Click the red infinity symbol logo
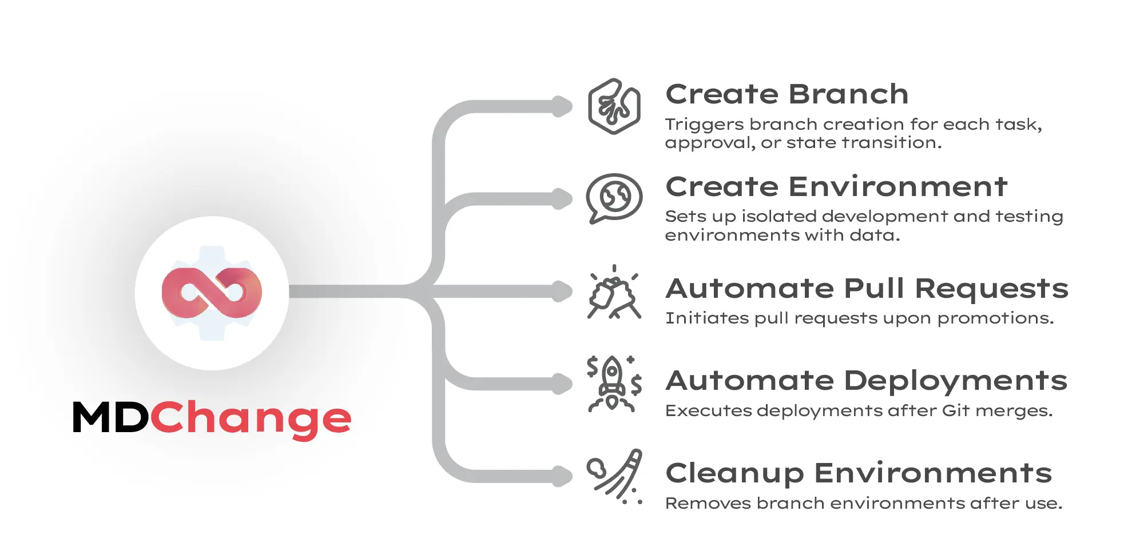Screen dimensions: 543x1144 click(x=212, y=293)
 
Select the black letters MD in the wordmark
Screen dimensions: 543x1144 click(x=110, y=418)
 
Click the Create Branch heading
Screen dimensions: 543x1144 click(x=787, y=94)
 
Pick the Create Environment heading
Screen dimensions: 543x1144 click(x=836, y=187)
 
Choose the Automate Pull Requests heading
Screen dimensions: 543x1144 click(x=867, y=289)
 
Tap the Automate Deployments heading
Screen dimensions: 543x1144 click(x=867, y=381)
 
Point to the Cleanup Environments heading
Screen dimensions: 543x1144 click(x=859, y=473)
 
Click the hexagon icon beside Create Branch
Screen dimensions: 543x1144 click(x=614, y=106)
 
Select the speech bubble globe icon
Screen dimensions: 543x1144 click(x=614, y=198)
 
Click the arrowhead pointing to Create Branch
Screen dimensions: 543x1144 click(x=563, y=106)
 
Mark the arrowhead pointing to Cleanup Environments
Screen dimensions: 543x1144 click(x=563, y=476)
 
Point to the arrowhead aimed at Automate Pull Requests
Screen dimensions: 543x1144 click(x=563, y=291)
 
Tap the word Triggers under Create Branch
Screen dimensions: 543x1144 click(x=704, y=125)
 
